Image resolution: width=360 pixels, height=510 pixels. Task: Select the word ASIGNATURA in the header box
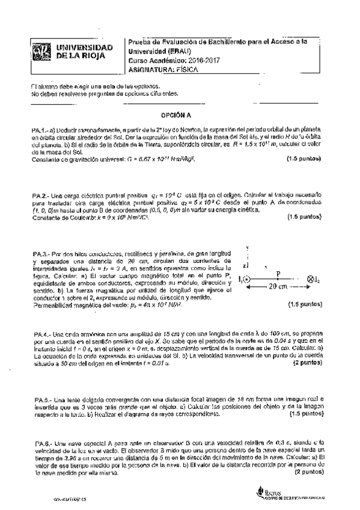pyautogui.click(x=151, y=69)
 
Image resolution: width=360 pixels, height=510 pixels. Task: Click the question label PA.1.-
pyautogui.click(x=40, y=131)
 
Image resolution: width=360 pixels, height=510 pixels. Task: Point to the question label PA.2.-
pyautogui.click(x=40, y=196)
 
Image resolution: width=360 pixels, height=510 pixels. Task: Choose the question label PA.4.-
pyautogui.click(x=40, y=334)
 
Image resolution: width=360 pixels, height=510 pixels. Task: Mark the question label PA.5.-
pyautogui.click(x=40, y=399)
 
